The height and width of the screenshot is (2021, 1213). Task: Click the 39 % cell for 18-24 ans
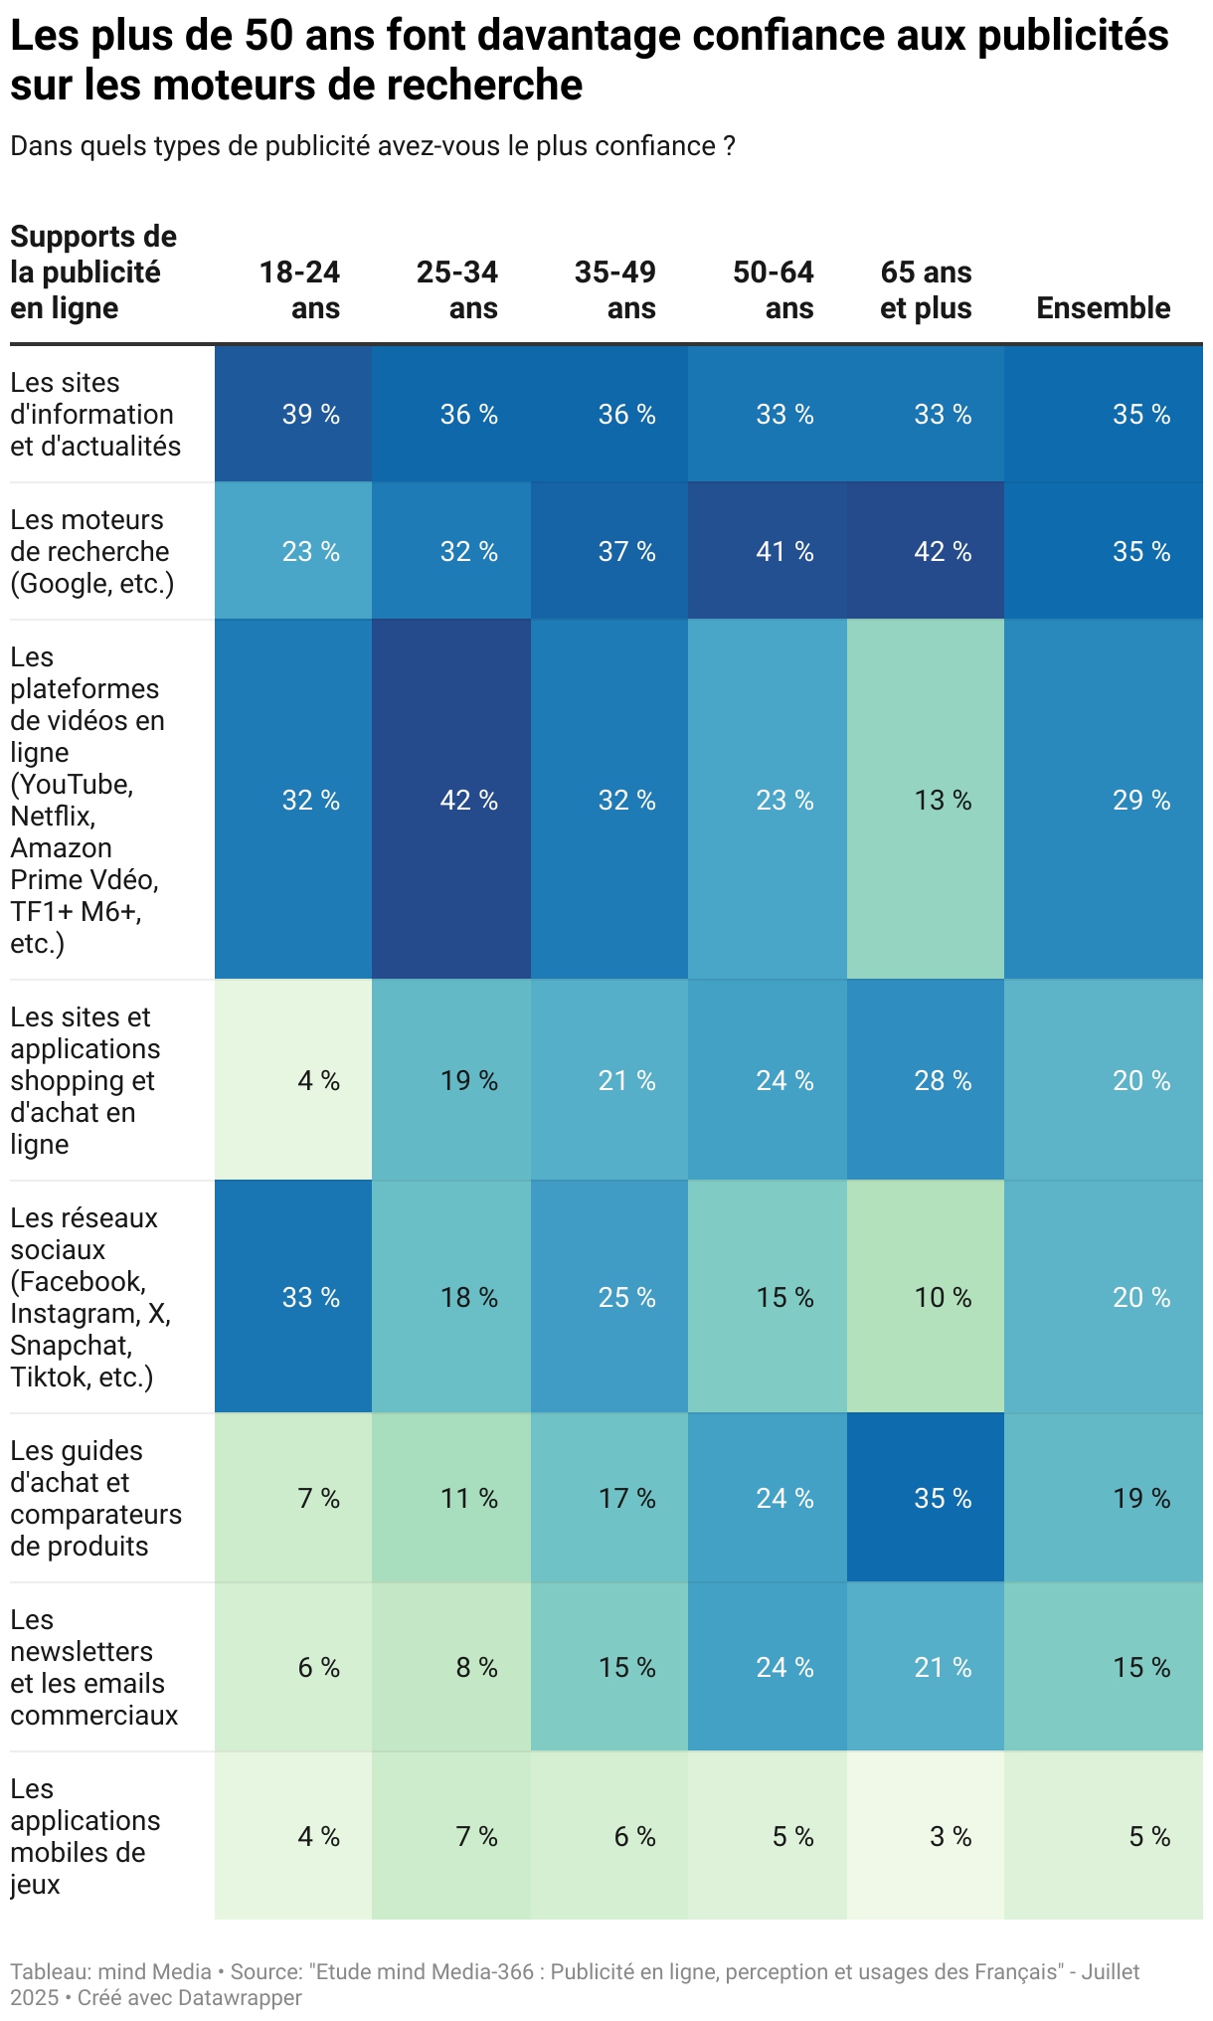pyautogui.click(x=310, y=415)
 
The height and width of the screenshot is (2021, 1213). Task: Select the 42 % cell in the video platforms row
pyautogui.click(x=468, y=801)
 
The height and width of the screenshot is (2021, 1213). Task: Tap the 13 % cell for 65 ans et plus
pyautogui.click(x=943, y=801)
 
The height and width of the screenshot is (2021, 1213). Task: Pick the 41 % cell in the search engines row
pyautogui.click(x=784, y=552)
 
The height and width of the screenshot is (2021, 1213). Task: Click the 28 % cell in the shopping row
pyautogui.click(x=943, y=1081)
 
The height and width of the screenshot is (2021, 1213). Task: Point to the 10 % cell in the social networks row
pyautogui.click(x=943, y=1298)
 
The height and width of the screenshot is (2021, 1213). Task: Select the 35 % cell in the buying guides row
pyautogui.click(x=943, y=1499)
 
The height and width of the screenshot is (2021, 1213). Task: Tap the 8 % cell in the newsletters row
pyautogui.click(x=476, y=1668)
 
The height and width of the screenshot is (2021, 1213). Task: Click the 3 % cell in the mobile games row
pyautogui.click(x=951, y=1837)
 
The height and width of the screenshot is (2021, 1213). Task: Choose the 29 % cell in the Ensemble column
pyautogui.click(x=1141, y=801)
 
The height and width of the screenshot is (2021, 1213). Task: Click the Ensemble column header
pyautogui.click(x=1103, y=308)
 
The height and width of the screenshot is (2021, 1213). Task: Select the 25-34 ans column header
pyautogui.click(x=457, y=290)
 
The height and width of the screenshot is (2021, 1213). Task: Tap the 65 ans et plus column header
pyautogui.click(x=926, y=290)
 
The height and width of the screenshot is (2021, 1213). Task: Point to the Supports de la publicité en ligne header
pyautogui.click(x=93, y=273)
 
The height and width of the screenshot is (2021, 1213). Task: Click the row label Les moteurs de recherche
pyautogui.click(x=91, y=552)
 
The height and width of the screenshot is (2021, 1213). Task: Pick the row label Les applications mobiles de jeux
pyautogui.click(x=85, y=1837)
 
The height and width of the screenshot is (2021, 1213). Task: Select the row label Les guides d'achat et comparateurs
pyautogui.click(x=95, y=1499)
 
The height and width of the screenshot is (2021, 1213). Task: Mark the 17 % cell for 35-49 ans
pyautogui.click(x=626, y=1499)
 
